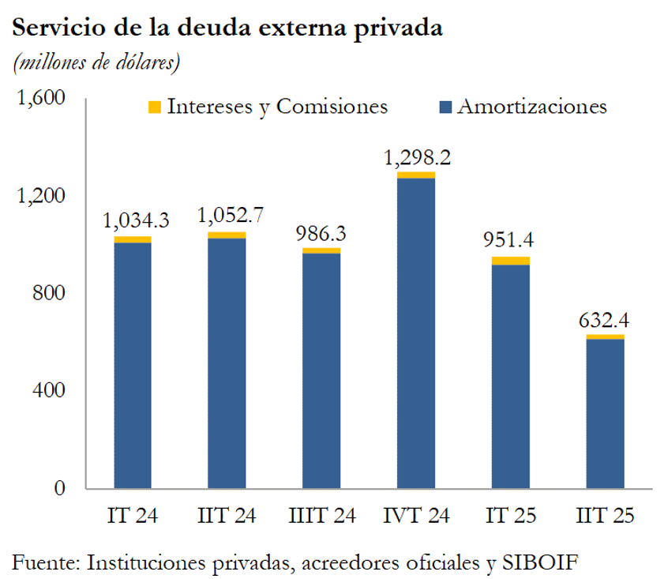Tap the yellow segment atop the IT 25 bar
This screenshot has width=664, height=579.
coord(511,261)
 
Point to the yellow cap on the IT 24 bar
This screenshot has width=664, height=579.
coord(133,239)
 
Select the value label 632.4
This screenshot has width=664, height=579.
coord(606,321)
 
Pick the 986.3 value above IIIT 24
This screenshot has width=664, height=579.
coord(321,235)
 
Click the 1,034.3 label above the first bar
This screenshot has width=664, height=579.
coord(135,220)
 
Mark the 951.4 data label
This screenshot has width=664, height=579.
coord(511,240)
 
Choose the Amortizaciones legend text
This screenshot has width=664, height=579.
coord(532,107)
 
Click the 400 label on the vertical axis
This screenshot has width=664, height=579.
coord(49,390)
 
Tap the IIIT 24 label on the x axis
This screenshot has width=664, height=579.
coord(321,516)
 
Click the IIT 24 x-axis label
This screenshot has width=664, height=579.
coord(227,516)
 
